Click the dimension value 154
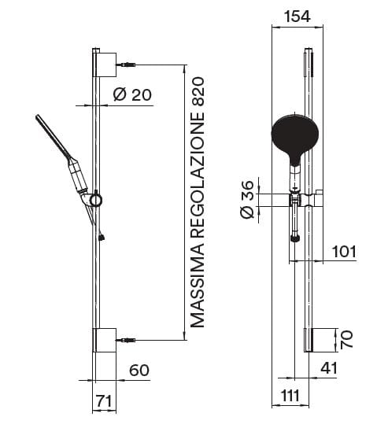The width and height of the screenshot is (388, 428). coord(297,17)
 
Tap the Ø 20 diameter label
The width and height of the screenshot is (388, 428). coord(132,94)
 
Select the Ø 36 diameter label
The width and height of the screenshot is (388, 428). coord(248,200)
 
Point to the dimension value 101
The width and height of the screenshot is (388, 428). coord(344,252)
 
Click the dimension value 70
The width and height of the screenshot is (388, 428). coord(346,339)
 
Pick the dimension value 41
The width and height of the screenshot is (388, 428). coord(329,368)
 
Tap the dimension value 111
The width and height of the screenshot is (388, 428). coord(290,395)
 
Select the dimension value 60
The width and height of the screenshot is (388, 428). coord(139,370)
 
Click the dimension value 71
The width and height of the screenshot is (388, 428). coord(104,401)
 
